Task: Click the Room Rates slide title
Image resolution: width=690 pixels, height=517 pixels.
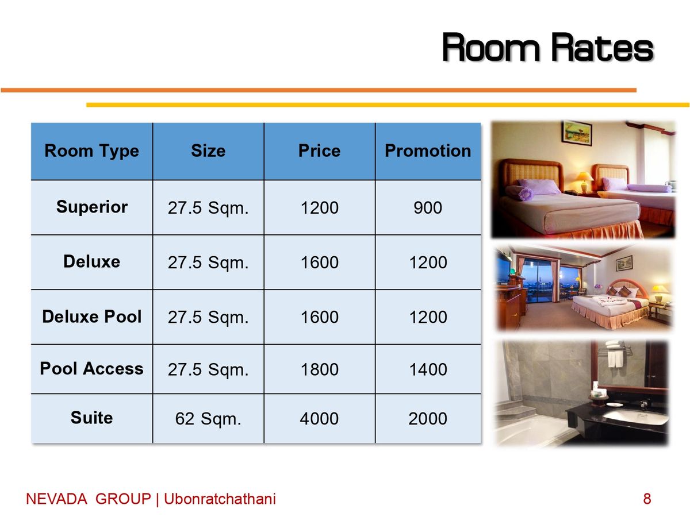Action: point(547,48)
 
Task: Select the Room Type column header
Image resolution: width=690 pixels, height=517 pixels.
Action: point(91,151)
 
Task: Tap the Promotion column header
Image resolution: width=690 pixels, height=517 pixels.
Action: point(428,151)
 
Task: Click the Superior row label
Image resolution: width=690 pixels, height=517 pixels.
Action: point(92,207)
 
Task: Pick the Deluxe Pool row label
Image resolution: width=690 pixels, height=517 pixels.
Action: point(91,316)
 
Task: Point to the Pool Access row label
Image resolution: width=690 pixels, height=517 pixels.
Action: point(91,368)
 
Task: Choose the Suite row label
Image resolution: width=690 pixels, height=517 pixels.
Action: point(91,418)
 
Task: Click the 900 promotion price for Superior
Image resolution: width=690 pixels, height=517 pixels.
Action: point(428,207)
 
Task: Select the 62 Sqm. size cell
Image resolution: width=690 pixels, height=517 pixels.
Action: point(208,419)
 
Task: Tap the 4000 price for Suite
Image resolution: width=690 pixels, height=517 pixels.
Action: point(319,418)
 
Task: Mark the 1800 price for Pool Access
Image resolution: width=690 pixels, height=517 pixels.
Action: point(319,369)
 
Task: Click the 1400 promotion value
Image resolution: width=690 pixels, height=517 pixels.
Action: point(428,369)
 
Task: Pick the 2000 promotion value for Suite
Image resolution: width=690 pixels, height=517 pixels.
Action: point(428,418)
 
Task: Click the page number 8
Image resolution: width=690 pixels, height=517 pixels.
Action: point(647,499)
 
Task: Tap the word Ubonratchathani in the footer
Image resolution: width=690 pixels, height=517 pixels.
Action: point(220,499)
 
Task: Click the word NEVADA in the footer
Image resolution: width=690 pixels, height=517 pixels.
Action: point(56,499)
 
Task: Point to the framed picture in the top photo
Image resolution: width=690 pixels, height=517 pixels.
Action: point(577,133)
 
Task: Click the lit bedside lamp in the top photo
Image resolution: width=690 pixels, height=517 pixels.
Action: point(584,182)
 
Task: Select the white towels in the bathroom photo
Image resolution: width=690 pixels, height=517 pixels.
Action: point(615,354)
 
